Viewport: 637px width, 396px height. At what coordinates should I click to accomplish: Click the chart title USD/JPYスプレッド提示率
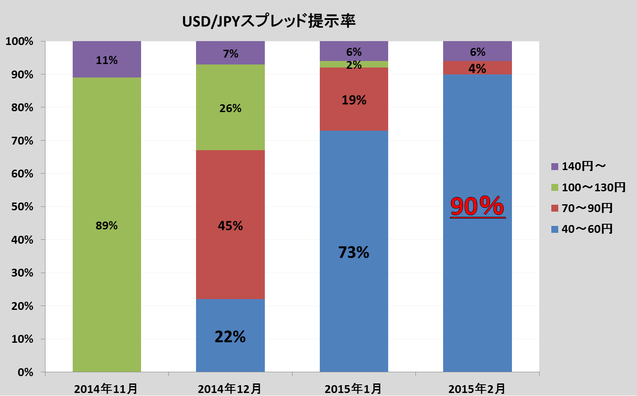click(268, 21)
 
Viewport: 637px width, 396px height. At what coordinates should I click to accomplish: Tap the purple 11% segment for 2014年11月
click(106, 60)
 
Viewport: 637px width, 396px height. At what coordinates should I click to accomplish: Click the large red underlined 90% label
click(477, 206)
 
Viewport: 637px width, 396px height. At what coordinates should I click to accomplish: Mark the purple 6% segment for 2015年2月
click(477, 52)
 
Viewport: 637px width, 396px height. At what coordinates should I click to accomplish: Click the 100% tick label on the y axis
click(19, 42)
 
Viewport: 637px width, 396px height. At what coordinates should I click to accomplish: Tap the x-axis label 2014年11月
click(106, 389)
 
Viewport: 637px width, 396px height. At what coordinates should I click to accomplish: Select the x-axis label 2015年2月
click(477, 389)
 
